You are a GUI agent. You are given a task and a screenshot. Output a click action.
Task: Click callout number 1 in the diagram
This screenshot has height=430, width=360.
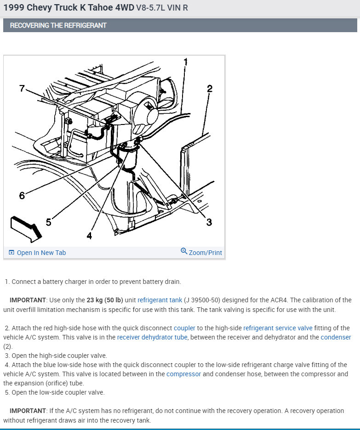(185, 62)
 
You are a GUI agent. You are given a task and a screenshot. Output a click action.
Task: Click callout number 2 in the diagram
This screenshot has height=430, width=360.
(210, 89)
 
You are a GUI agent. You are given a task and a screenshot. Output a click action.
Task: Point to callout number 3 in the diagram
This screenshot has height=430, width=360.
(209, 222)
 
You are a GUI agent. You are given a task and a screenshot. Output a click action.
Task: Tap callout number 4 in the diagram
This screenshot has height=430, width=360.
(89, 236)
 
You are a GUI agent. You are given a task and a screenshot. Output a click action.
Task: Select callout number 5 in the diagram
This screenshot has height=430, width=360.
(48, 222)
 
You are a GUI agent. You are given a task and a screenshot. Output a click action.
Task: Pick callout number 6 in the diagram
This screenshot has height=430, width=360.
(22, 196)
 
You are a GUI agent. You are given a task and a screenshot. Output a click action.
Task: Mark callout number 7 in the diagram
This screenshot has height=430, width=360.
(22, 88)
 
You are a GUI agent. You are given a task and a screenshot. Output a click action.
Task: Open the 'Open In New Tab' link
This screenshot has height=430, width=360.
(41, 253)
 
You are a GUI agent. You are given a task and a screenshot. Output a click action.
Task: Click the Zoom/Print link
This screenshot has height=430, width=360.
(205, 253)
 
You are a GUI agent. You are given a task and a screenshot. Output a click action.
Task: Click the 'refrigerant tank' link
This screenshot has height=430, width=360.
(160, 300)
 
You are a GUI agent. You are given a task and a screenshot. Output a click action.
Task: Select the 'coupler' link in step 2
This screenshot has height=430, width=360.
(184, 328)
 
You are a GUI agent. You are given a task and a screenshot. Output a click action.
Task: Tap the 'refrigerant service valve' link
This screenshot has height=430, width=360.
(278, 328)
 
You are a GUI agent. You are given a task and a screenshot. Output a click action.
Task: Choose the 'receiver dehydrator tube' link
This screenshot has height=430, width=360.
(146, 337)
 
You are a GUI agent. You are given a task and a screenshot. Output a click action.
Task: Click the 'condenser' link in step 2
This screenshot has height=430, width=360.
(336, 337)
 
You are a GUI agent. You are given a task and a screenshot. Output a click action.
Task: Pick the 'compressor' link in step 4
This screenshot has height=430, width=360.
(183, 374)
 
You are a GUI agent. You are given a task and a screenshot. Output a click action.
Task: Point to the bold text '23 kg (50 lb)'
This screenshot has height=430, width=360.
(111, 300)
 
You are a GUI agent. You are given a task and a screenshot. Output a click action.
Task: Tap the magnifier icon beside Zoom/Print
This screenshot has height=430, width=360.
(184, 251)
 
